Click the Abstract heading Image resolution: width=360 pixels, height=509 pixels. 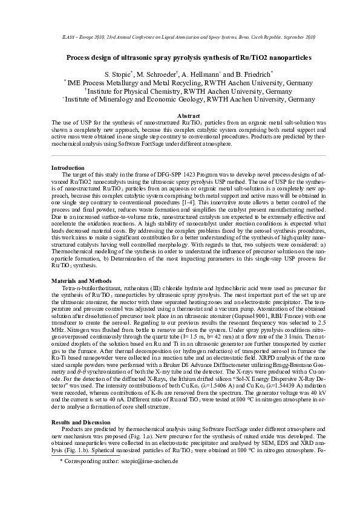point(180,115)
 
